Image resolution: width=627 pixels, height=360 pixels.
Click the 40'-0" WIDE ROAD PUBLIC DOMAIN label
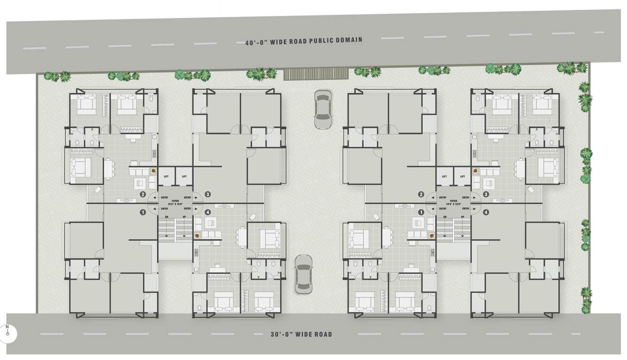(303, 41)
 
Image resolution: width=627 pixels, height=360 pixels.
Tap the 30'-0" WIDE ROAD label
(301, 335)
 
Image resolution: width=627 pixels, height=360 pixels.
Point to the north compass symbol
(8, 332)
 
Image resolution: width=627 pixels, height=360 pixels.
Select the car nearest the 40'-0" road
(322, 109)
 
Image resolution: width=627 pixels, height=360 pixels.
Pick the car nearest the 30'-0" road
(304, 275)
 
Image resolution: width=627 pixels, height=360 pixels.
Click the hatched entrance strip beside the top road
(316, 74)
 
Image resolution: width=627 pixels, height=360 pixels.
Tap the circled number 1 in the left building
(143, 212)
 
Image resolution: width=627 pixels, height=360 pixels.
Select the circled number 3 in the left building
(207, 194)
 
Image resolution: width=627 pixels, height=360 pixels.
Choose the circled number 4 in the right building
(486, 212)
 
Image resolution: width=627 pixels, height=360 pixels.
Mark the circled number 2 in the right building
(421, 194)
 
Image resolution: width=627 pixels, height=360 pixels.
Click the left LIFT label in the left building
(166, 176)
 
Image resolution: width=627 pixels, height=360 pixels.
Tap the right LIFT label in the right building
(463, 176)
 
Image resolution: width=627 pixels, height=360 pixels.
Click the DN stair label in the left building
(166, 216)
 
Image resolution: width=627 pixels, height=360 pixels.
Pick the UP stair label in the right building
(463, 216)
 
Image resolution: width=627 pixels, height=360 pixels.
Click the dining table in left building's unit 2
(109, 169)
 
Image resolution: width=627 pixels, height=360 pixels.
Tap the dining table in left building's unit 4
(242, 237)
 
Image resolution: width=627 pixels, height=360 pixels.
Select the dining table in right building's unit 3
(520, 169)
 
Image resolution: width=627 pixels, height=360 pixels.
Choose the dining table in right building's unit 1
(386, 237)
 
